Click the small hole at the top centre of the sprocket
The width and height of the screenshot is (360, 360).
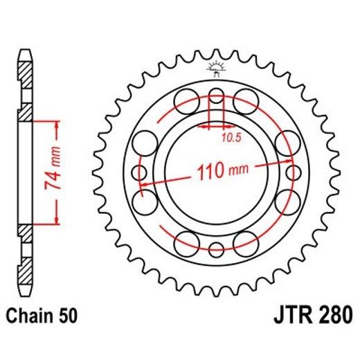pos(215,94)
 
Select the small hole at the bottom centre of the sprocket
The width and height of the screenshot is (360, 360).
pos(215,249)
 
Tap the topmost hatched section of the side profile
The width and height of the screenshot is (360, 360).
pos(25,73)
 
